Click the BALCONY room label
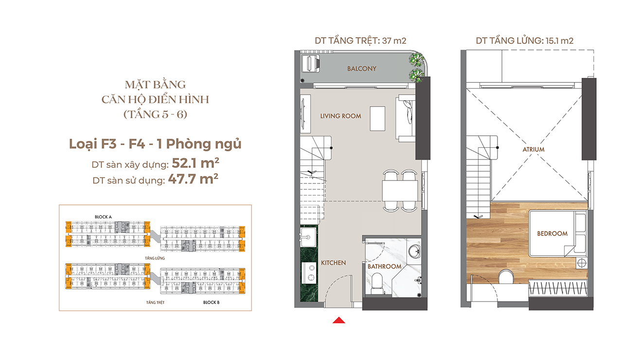[x=362, y=69]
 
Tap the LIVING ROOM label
[x=340, y=116]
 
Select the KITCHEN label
[x=333, y=263]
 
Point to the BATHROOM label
[x=384, y=267]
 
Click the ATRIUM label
[x=534, y=149]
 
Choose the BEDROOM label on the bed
[x=552, y=234]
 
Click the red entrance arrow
[x=339, y=320]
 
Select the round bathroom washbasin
[x=414, y=252]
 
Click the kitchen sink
[x=308, y=237]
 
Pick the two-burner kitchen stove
[x=309, y=273]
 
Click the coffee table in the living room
[x=377, y=119]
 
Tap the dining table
[x=400, y=191]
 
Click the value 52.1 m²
[x=196, y=163]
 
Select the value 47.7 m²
[x=193, y=179]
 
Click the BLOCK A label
[x=103, y=217]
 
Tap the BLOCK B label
[x=211, y=302]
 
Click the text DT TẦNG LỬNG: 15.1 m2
[x=525, y=41]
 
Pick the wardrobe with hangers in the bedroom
[x=558, y=288]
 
